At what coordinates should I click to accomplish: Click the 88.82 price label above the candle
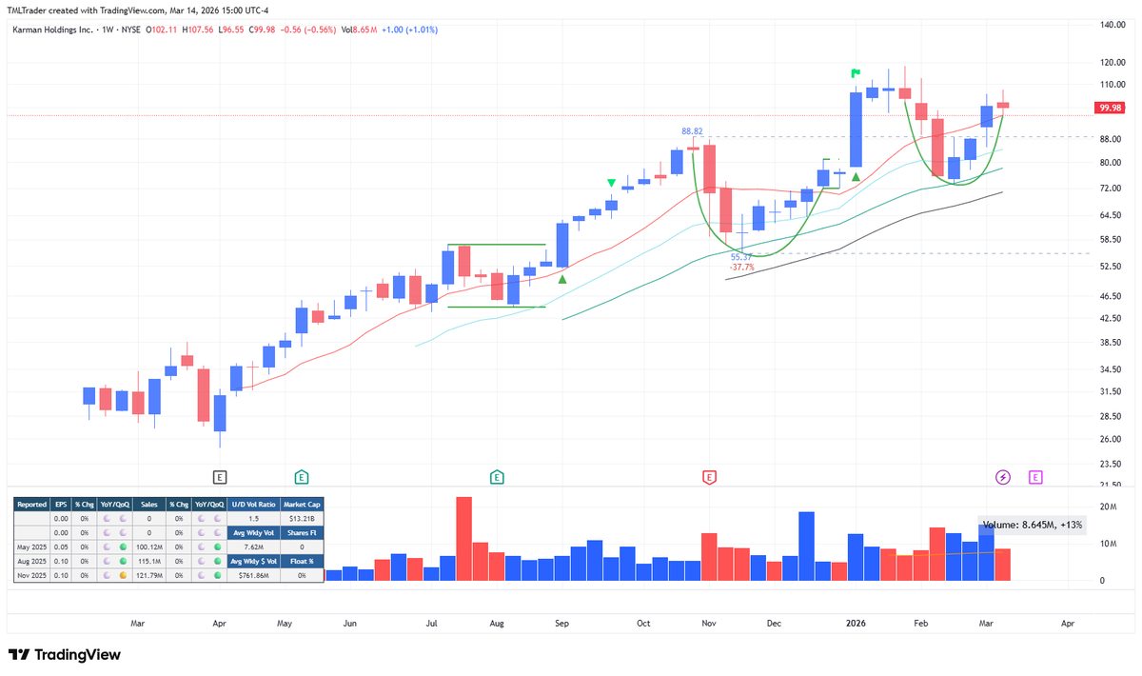[x=692, y=131]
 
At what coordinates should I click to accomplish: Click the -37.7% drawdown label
[x=741, y=268]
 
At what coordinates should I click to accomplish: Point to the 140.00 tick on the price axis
[x=1112, y=25]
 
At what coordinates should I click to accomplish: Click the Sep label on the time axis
[x=561, y=624]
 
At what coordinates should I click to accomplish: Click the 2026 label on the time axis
[x=856, y=624]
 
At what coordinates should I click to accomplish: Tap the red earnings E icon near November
[x=709, y=476]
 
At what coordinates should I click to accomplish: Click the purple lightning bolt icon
[x=1002, y=476]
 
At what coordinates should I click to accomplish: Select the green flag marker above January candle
[x=856, y=72]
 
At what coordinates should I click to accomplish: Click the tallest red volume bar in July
[x=464, y=538]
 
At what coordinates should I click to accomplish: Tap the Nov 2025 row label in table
[x=32, y=575]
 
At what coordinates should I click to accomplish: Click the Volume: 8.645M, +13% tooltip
[x=1033, y=524]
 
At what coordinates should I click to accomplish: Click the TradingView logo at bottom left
[x=67, y=655]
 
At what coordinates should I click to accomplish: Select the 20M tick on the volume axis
[x=1108, y=507]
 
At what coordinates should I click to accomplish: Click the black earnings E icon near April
[x=220, y=476]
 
